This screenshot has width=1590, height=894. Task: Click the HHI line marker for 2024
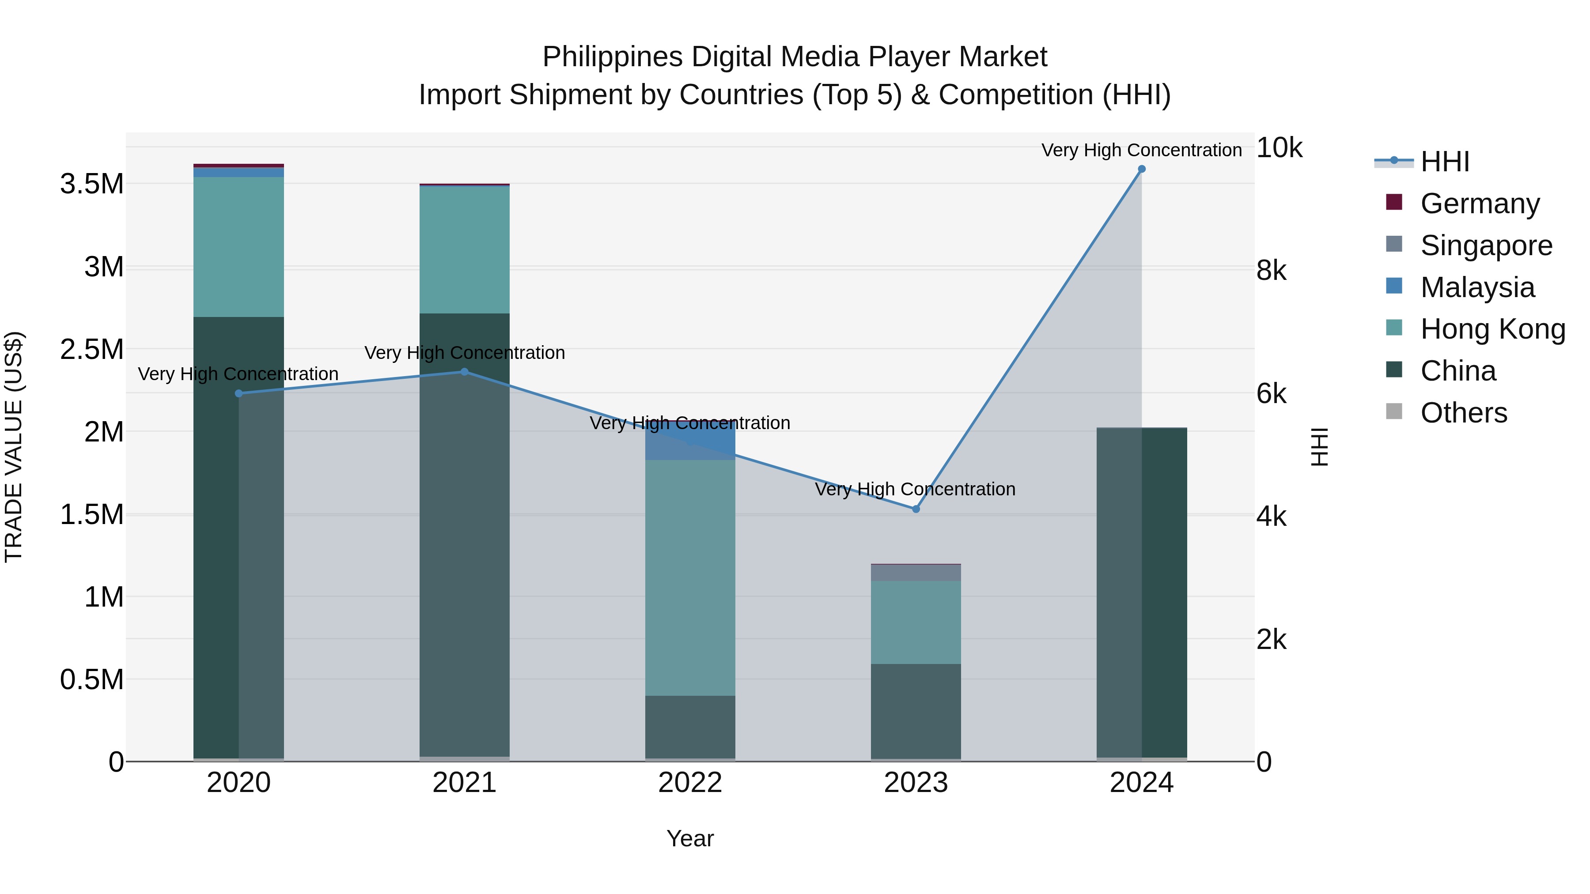pos(1141,169)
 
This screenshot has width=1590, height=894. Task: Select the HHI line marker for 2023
pos(916,509)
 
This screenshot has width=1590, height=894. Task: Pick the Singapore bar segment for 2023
pos(916,573)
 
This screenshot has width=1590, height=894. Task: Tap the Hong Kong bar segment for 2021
pos(465,249)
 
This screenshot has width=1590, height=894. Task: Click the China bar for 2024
pos(1141,592)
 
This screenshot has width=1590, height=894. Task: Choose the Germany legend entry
pos(1480,204)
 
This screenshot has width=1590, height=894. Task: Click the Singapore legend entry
pos(1486,245)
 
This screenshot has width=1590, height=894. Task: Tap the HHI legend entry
pos(1444,162)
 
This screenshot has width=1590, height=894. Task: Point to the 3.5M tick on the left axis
pos(92,184)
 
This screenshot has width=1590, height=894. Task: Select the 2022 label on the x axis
pos(690,783)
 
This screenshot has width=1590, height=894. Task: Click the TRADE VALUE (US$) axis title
pos(14,447)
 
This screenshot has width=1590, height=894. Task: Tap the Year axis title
pos(690,838)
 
